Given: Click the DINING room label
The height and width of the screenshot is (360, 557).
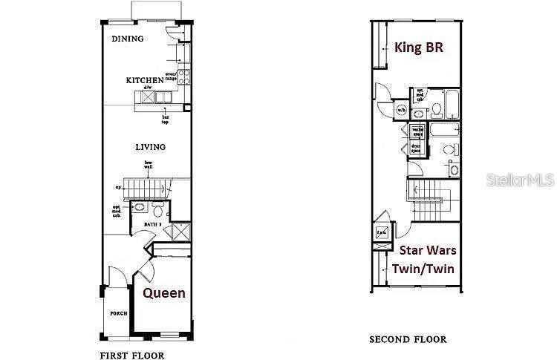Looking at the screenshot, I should pos(127,39).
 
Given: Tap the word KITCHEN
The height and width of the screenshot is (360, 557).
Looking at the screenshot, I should pos(144,80).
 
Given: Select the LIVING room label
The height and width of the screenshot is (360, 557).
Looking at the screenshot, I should pos(150,147).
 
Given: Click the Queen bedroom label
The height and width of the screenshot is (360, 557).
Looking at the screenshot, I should pos(163,293).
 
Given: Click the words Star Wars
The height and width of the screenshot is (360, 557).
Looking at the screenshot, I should pos(427,251).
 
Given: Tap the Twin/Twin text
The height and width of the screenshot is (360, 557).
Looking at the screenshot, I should pos(427,269).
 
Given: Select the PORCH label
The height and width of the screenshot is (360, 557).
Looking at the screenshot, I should pos(119,313).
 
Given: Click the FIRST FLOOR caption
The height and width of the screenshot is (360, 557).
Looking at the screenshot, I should pos(132,356).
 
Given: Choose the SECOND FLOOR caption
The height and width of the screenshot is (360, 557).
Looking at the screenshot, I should pos(408,339).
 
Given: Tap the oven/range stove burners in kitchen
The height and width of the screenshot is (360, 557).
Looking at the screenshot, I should pos(183,77).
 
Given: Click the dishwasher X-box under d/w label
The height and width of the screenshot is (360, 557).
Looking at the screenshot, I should pos(147,96).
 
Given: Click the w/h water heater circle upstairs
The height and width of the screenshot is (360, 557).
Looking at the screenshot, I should pos(401,110).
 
